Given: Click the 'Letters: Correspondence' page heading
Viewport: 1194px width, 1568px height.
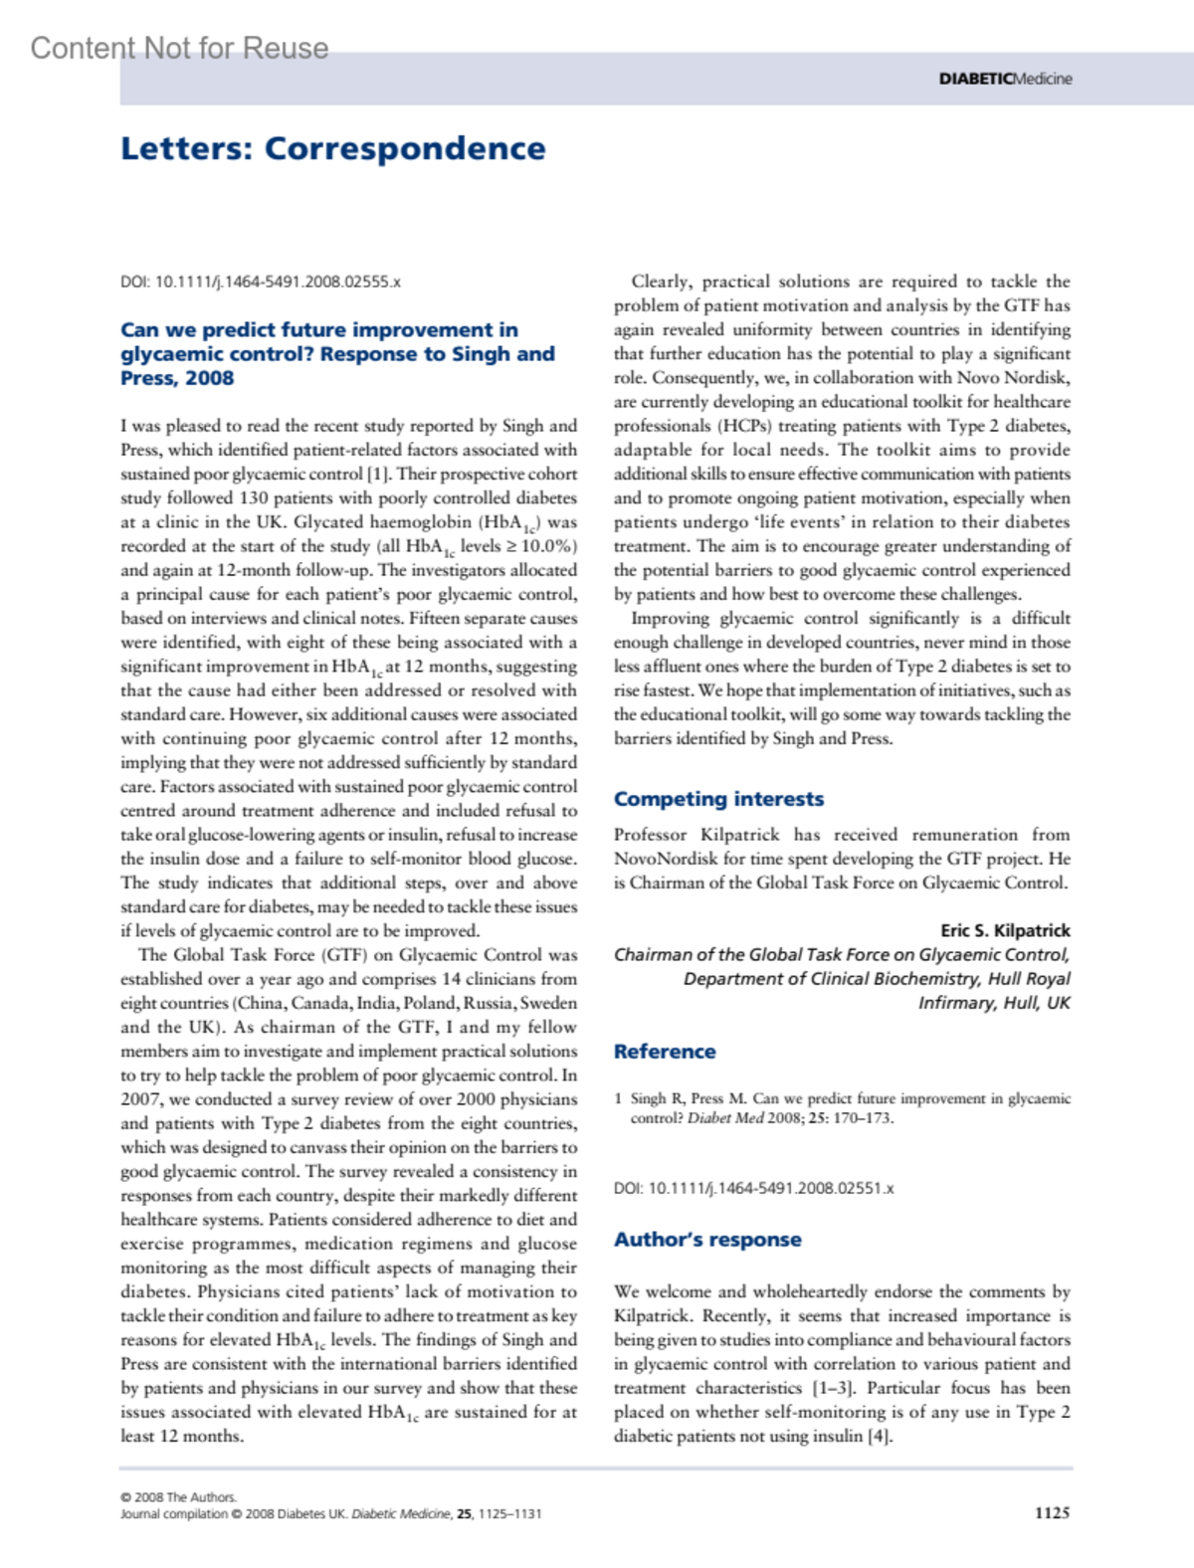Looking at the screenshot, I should (x=332, y=148).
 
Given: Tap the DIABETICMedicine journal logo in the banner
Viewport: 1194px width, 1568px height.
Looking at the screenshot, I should (x=1005, y=79).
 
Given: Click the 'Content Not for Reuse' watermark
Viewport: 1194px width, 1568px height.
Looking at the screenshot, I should (x=179, y=48).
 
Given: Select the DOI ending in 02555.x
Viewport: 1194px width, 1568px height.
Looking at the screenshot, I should (x=261, y=282).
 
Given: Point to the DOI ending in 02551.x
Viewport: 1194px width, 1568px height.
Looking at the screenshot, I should (x=753, y=1188).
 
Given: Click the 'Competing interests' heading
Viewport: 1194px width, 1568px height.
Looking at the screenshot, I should (x=718, y=799).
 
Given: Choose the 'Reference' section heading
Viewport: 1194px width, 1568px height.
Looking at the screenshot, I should (x=665, y=1052).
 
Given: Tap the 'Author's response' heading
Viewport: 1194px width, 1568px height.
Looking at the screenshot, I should (x=707, y=1240).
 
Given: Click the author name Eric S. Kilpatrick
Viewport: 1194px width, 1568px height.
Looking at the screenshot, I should (x=1005, y=930).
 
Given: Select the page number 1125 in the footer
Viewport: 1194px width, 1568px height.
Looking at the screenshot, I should (x=1052, y=1512).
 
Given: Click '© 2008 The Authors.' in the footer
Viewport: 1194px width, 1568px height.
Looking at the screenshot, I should (x=178, y=1497).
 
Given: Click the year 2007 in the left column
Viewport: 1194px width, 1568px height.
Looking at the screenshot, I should (x=141, y=1099).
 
